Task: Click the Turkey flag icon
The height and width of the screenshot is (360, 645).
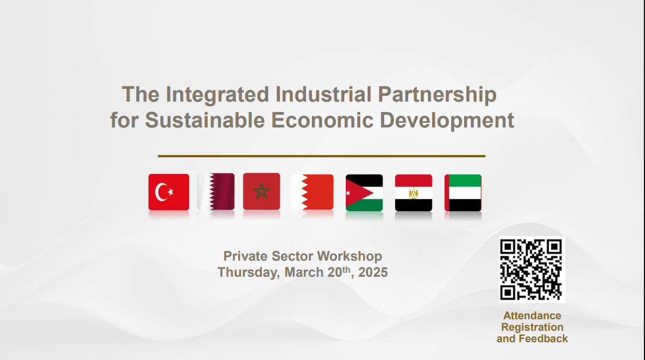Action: pyautogui.click(x=169, y=192)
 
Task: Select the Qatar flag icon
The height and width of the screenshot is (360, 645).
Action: pyautogui.click(x=216, y=192)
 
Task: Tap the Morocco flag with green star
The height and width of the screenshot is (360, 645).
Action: pyautogui.click(x=262, y=191)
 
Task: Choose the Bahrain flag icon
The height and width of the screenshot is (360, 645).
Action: pyautogui.click(x=312, y=192)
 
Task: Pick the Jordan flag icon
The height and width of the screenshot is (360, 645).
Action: pyautogui.click(x=364, y=193)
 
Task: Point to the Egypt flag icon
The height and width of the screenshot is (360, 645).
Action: pyautogui.click(x=414, y=193)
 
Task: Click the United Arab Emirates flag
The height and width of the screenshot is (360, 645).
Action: pyautogui.click(x=463, y=193)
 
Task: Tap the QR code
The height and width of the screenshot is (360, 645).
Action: pyautogui.click(x=532, y=269)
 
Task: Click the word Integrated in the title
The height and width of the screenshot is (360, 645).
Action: pyautogui.click(x=217, y=95)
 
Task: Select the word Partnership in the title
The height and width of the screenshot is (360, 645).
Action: pyautogui.click(x=437, y=95)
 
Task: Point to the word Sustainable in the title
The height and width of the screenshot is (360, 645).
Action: pyautogui.click(x=204, y=120)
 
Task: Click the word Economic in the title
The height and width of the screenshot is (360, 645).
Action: pyautogui.click(x=322, y=120)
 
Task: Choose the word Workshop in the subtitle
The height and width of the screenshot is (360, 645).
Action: pyautogui.click(x=349, y=256)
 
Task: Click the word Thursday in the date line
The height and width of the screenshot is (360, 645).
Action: pyautogui.click(x=249, y=273)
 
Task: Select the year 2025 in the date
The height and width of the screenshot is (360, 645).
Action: pyautogui.click(x=373, y=272)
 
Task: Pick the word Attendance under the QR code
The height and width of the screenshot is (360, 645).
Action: pyautogui.click(x=532, y=316)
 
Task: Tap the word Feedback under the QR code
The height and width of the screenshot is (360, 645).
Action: pyautogui.click(x=543, y=339)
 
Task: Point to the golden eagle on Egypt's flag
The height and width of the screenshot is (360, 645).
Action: pyautogui.click(x=414, y=193)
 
